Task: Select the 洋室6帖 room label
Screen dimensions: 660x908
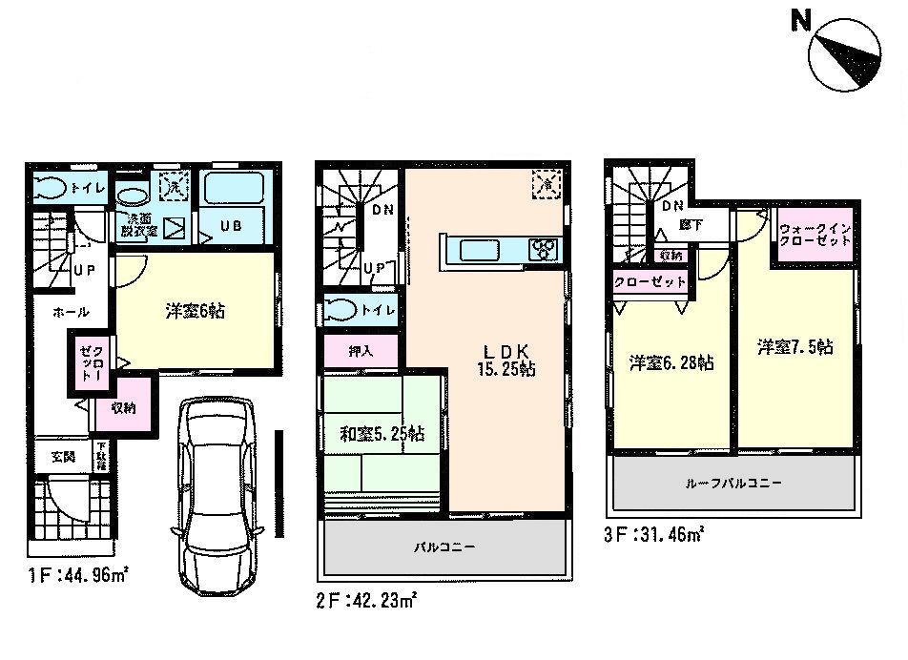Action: pyautogui.click(x=195, y=311)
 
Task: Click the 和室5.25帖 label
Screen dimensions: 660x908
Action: pyautogui.click(x=382, y=435)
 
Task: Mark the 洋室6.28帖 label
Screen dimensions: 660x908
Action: pyautogui.click(x=671, y=362)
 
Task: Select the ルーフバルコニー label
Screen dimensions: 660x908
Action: pyautogui.click(x=734, y=484)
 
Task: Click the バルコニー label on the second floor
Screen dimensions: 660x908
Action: pyautogui.click(x=444, y=547)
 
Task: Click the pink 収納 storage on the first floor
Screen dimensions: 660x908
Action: pyautogui.click(x=121, y=408)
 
